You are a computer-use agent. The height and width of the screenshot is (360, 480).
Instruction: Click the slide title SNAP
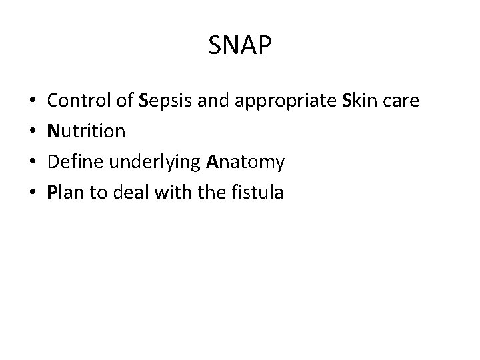click(x=240, y=47)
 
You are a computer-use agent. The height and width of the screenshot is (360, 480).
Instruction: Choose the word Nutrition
click(x=87, y=131)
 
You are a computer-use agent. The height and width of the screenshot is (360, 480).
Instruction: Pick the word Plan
click(x=65, y=193)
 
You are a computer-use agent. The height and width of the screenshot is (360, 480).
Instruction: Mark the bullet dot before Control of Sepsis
click(x=33, y=102)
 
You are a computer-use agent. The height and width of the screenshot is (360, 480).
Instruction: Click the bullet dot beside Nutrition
click(x=33, y=133)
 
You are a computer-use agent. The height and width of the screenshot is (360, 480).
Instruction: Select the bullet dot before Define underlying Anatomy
click(x=33, y=163)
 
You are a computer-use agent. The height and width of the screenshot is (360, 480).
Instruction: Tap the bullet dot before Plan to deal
click(x=33, y=194)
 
